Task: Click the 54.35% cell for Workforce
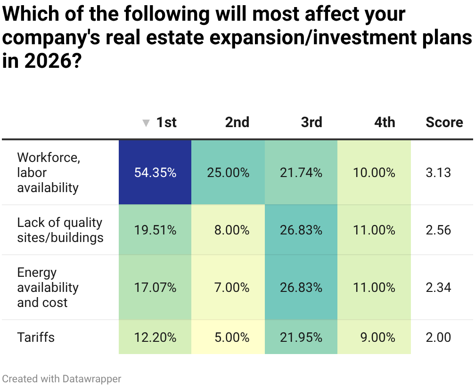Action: [155, 173]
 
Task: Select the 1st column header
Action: [166, 122]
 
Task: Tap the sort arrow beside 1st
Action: [146, 123]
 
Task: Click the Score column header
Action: [444, 122]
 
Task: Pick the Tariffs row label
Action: [36, 337]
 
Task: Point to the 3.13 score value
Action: [438, 173]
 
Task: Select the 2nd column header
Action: [237, 122]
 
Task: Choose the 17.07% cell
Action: [155, 287]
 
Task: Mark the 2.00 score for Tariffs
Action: [438, 337]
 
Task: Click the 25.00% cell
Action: [228, 173]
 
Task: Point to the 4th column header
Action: [385, 122]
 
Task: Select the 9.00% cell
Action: [377, 337]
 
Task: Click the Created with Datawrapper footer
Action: [62, 379]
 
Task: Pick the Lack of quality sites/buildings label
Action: [60, 230]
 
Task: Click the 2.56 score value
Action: [438, 230]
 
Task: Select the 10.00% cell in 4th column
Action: [374, 173]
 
